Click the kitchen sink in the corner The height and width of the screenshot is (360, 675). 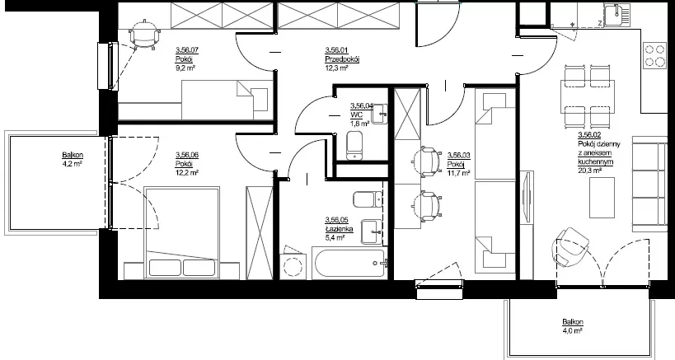click(x=616, y=15)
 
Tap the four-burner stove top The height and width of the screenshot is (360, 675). click(x=654, y=55)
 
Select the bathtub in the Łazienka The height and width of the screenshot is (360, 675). click(x=349, y=264)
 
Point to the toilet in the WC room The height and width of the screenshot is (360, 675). click(x=354, y=145)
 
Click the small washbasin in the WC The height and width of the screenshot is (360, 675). click(x=379, y=114)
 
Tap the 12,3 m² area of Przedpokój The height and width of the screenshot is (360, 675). click(x=336, y=68)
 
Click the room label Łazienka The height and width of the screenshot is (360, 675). click(x=339, y=229)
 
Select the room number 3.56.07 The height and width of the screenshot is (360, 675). click(x=187, y=50)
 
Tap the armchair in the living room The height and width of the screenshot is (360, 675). click(x=570, y=248)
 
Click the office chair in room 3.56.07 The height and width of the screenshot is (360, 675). click(x=145, y=35)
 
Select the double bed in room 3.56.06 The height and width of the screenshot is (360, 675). click(x=181, y=232)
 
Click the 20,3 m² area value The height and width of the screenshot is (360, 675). click(x=589, y=171)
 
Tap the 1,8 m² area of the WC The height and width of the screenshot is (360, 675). click(x=360, y=124)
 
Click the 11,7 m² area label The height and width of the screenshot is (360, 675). click(x=458, y=173)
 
